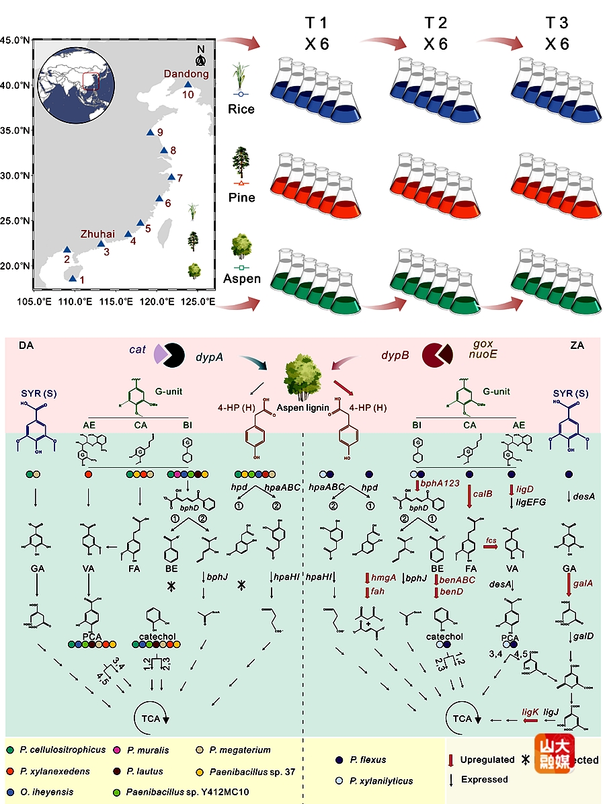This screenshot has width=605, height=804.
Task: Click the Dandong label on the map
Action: pyautogui.click(x=187, y=74)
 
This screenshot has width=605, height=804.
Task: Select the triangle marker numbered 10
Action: pyautogui.click(x=188, y=84)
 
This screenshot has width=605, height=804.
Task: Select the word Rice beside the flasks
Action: pyautogui.click(x=241, y=109)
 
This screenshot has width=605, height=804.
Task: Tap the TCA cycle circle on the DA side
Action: pyautogui.click(x=151, y=719)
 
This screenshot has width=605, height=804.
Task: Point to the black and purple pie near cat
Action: pyautogui.click(x=169, y=354)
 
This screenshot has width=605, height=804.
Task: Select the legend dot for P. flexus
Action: pyautogui.click(x=339, y=760)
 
